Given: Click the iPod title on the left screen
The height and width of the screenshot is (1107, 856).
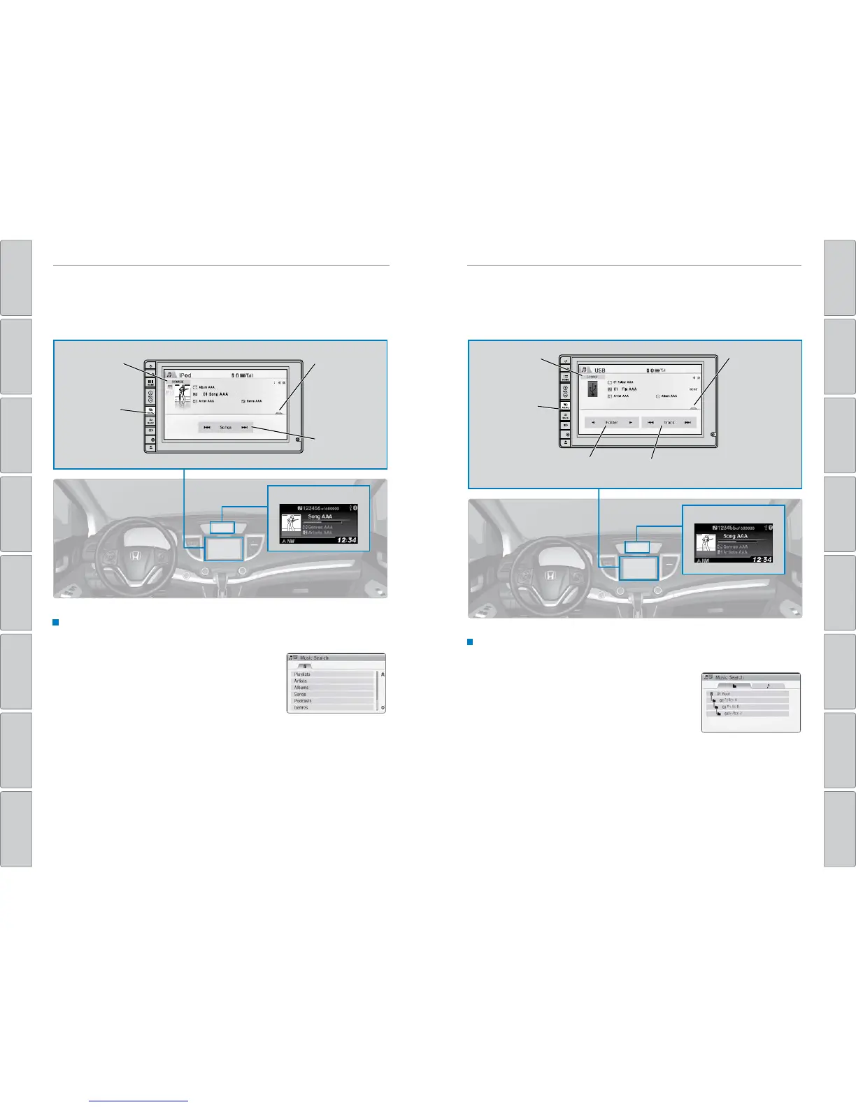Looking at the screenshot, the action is point(185,375).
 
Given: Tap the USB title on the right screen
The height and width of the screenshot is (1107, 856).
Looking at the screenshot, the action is point(600,370).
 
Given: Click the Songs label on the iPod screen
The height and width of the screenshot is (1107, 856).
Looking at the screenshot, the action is point(225,427).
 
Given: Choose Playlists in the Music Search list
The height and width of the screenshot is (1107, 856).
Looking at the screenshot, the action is point(302,674).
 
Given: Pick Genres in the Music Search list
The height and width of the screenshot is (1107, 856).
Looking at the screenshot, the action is point(301,708).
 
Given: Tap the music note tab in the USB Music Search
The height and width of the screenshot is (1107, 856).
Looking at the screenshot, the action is point(767,686).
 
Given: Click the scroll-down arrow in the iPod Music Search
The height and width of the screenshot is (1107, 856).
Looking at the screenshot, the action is point(383,707).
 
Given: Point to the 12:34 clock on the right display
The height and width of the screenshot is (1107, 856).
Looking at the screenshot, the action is point(759,560).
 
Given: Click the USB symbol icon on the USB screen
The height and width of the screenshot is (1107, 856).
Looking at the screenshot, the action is point(593,389).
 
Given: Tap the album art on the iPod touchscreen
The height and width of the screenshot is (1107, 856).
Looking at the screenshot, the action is point(183,396).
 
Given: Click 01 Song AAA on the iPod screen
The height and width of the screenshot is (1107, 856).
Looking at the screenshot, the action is point(215,394).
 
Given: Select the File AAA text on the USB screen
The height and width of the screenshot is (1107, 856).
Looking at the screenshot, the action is point(629,389).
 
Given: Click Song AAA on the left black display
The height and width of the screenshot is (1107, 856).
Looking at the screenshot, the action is point(320,516).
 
